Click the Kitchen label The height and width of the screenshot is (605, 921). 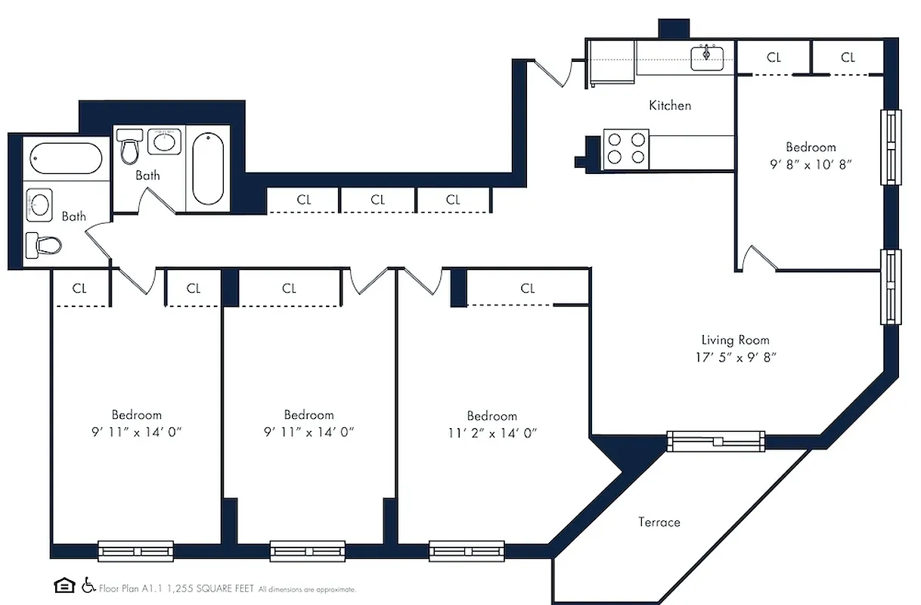point(670,106)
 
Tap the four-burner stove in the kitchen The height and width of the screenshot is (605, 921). point(626,148)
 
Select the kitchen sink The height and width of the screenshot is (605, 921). point(708,57)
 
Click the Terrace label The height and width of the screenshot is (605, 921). point(659,523)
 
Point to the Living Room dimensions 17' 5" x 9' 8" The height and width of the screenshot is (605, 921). point(735,358)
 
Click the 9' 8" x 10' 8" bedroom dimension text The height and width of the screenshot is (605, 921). point(811,164)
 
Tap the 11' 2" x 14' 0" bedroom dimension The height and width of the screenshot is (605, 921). point(492,433)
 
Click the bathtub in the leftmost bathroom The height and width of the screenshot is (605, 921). point(66,159)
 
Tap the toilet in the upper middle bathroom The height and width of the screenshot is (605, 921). point(131,147)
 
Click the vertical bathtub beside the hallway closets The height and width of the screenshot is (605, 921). point(207,169)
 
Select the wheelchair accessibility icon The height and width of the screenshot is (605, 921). point(88,585)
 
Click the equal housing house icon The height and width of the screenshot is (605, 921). point(64,585)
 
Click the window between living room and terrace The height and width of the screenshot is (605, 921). point(715,440)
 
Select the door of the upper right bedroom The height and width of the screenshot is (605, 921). point(760,259)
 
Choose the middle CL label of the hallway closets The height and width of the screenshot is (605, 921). point(377,200)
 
